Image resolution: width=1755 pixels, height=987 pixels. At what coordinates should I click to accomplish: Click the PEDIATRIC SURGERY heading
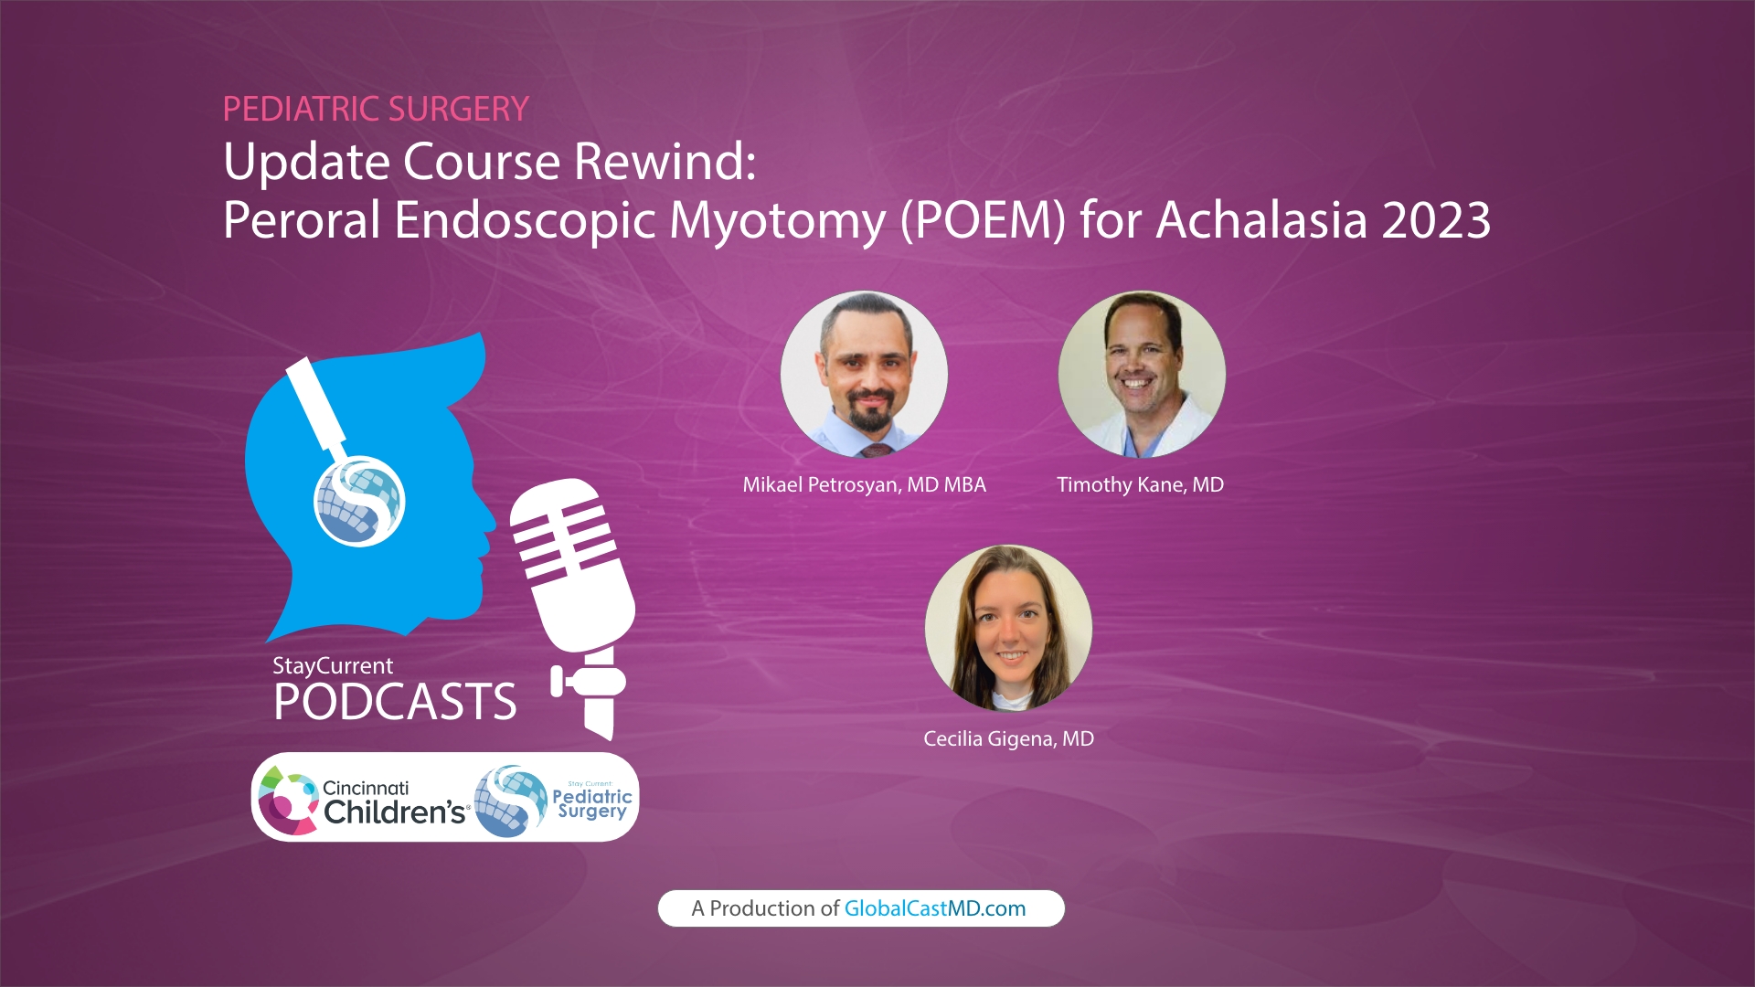pos(376,110)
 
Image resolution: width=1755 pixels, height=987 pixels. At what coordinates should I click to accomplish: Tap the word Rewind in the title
pos(665,162)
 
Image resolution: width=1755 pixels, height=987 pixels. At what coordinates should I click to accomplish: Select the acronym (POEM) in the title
pos(983,220)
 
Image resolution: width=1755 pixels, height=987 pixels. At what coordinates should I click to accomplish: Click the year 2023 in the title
pos(1436,220)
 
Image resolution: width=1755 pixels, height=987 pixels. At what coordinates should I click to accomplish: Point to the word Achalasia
pos(1262,220)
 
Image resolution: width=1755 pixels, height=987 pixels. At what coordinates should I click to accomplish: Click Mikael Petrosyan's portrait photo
pos(864,374)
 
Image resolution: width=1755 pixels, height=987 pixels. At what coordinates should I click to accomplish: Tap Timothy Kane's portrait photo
pos(1142,374)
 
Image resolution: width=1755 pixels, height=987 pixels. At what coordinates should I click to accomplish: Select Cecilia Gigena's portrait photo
pos(1008,628)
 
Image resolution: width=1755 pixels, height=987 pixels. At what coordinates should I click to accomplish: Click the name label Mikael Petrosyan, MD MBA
pos(864,484)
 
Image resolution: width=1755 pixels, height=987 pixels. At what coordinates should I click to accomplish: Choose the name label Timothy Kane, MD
pos(1140,484)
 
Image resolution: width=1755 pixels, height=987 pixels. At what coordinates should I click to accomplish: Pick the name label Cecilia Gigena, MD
pos(1008,738)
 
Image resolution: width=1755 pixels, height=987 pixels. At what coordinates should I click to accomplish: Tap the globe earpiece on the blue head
pos(359,501)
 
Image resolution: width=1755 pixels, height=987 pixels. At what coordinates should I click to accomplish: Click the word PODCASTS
pos(395,702)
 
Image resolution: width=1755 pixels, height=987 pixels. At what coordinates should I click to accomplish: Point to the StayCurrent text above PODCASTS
pos(333,665)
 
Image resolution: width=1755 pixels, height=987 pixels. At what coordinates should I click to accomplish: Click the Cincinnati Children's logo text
pos(393,801)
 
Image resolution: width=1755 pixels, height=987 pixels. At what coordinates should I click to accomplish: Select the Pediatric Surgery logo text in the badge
pos(591,802)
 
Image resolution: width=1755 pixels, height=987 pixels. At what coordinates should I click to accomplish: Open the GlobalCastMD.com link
pos(934,908)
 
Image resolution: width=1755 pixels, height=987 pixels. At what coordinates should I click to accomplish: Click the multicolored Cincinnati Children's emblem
pos(287,801)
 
